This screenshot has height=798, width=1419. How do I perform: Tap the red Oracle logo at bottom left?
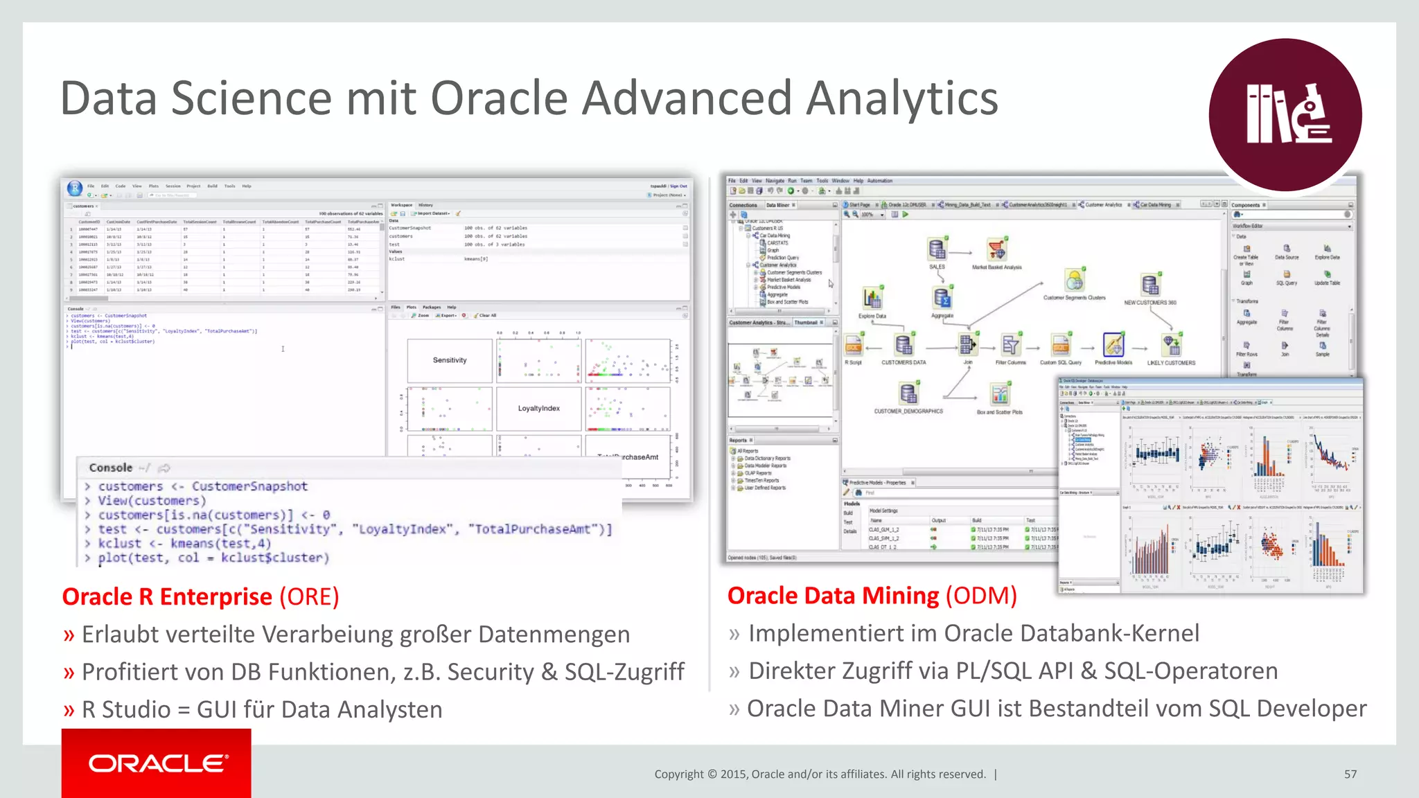[x=157, y=763]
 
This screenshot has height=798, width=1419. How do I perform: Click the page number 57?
[x=1350, y=774]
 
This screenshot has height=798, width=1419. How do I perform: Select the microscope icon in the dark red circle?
[x=1309, y=114]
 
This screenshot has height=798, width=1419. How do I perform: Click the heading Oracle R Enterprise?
[x=167, y=596]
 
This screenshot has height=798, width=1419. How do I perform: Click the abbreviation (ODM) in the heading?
[x=981, y=595]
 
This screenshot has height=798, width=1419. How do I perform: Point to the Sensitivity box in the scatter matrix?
[x=450, y=360]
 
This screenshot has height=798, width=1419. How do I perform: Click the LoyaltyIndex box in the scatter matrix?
[x=538, y=409]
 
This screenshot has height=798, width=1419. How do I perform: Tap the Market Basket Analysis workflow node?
[x=996, y=250]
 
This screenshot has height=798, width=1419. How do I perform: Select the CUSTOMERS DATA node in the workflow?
[x=903, y=346]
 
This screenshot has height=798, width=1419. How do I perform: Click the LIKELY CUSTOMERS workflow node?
[x=1171, y=346]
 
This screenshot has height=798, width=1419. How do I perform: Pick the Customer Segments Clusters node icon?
[x=1074, y=281]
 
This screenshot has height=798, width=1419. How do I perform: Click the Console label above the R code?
[x=111, y=468]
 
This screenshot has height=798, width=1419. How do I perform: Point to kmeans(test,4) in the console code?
[x=221, y=544]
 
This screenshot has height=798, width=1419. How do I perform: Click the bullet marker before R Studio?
[x=69, y=710]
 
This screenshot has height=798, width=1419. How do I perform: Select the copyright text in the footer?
[x=820, y=774]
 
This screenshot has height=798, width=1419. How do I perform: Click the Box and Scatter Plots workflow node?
[x=999, y=396]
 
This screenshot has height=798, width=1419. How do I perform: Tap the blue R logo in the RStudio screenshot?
[x=75, y=188]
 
